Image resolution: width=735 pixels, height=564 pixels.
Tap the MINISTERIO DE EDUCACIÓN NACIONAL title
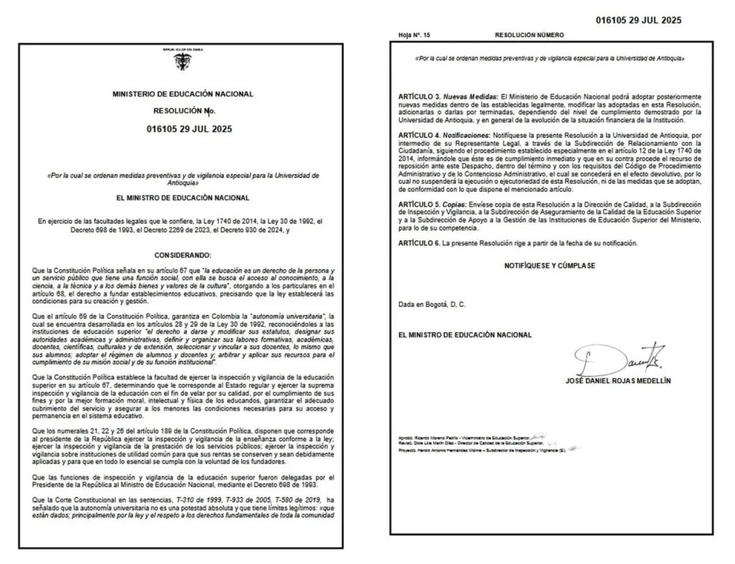coord(183,94)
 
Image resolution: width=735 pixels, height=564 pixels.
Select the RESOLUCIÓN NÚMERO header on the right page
coord(529,34)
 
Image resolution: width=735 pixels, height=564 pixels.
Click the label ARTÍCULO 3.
coord(419,95)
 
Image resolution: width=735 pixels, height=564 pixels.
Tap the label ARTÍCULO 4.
coord(419,135)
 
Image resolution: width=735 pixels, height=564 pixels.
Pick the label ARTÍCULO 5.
coord(419,205)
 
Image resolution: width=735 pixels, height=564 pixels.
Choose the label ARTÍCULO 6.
coord(419,244)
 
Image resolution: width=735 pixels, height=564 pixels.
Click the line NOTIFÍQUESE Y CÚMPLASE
coord(549,265)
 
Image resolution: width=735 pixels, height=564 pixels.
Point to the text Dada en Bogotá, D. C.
coord(432,304)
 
